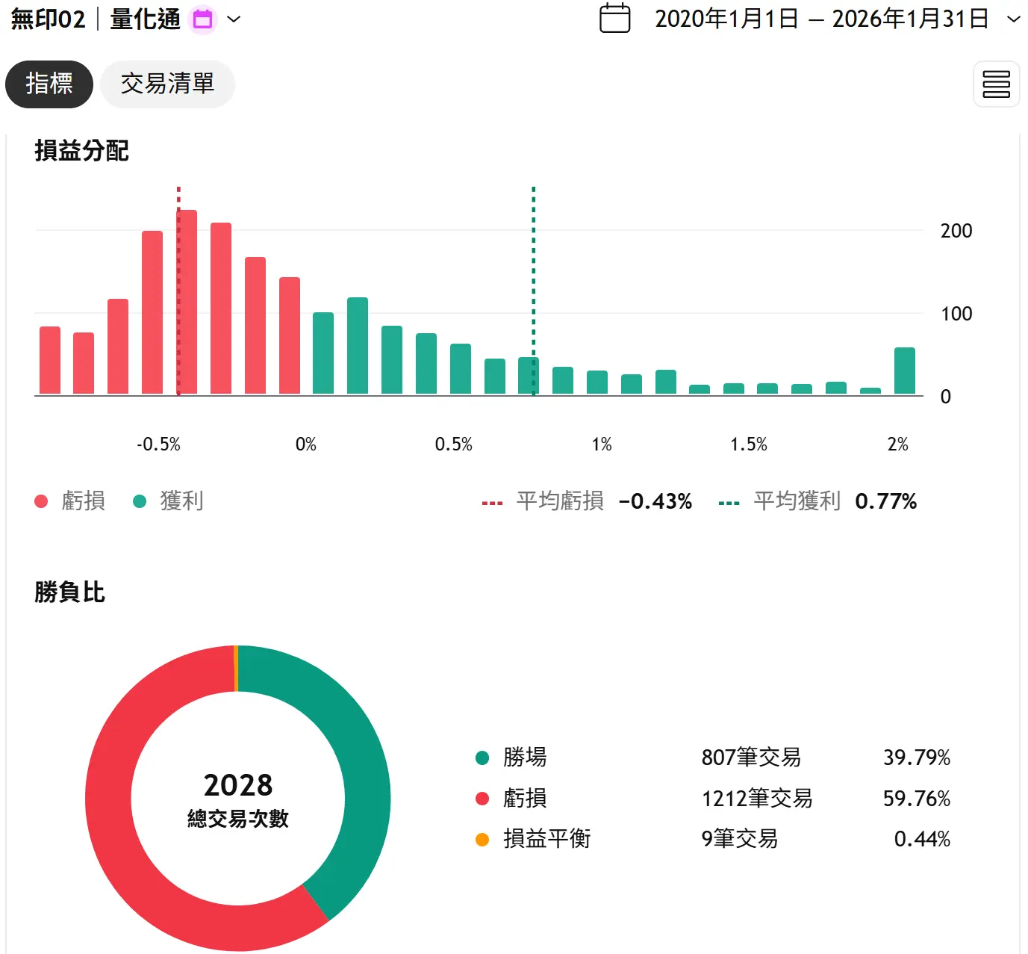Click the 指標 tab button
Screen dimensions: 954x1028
[x=49, y=84]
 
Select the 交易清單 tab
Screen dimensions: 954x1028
[x=167, y=84]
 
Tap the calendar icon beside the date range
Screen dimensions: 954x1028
[x=614, y=19]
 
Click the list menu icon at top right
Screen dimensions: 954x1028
[x=996, y=84]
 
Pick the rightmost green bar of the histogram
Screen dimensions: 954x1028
[x=904, y=371]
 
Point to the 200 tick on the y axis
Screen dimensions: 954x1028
[x=956, y=231]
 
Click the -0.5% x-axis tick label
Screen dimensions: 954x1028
[x=158, y=445]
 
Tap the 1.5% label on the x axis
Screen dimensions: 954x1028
[x=748, y=445]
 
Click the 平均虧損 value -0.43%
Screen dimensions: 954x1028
[x=655, y=501]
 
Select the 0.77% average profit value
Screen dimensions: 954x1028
[x=885, y=501]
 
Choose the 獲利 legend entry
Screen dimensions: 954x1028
[x=181, y=501]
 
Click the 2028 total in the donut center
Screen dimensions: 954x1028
[x=238, y=786]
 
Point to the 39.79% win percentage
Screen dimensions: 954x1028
[x=916, y=758]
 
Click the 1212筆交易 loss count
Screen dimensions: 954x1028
[x=756, y=799]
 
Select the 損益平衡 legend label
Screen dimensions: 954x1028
[x=546, y=839]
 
